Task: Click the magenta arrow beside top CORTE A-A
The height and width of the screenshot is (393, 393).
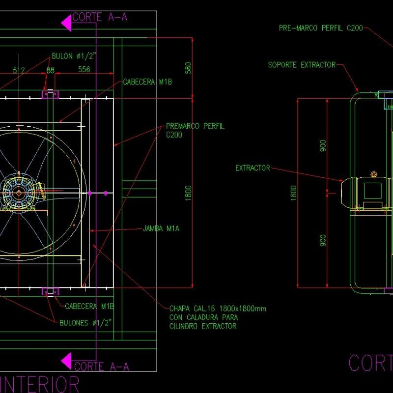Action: [66, 22]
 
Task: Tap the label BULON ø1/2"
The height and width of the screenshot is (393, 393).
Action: [74, 56]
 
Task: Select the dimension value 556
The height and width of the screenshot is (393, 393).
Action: [84, 70]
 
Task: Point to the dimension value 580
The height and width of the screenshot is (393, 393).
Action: [187, 68]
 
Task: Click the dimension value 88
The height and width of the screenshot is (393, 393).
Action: [50, 70]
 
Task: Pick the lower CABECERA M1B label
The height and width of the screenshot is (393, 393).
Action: [89, 306]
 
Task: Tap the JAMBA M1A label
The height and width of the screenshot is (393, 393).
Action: [161, 229]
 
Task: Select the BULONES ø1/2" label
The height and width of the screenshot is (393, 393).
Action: [86, 322]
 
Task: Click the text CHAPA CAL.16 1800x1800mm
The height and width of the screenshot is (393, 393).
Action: [218, 309]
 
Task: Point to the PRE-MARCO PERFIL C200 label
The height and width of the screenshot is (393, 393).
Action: [321, 28]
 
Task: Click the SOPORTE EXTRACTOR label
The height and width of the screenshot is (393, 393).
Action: [302, 65]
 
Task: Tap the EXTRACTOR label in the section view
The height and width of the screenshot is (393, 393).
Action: [253, 168]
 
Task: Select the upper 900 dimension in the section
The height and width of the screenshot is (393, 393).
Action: [323, 146]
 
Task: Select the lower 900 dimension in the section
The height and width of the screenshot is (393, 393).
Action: [323, 240]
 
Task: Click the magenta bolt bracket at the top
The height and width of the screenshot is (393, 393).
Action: [50, 94]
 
